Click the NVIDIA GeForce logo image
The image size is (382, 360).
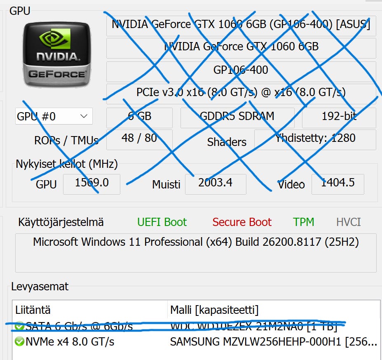pos(57,54)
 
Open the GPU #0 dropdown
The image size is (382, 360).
pos(54,116)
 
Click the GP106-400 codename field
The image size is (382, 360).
pos(241,70)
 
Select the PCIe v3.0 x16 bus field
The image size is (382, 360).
pos(241,92)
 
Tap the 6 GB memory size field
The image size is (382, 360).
pos(139,116)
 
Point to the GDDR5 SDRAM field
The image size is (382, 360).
pos(237,116)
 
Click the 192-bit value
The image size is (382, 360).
pos(339,116)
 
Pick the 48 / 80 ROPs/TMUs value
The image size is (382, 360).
pos(139,138)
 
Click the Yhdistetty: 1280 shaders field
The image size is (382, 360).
pos(315,138)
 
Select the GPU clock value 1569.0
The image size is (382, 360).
pos(91,183)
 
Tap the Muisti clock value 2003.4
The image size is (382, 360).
pos(216,183)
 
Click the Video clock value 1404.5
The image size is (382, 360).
pos(337,183)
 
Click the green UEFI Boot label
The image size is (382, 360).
pos(162,222)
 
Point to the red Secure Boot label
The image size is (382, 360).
pos(242,222)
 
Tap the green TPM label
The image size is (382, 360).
pos(304,222)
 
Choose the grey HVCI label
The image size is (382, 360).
pos(348,222)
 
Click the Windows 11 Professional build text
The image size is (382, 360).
pos(196,242)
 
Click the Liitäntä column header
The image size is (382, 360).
pos(33,310)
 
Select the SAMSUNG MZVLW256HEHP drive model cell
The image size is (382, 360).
pos(273,342)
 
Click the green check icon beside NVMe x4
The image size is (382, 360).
pos(19,341)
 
